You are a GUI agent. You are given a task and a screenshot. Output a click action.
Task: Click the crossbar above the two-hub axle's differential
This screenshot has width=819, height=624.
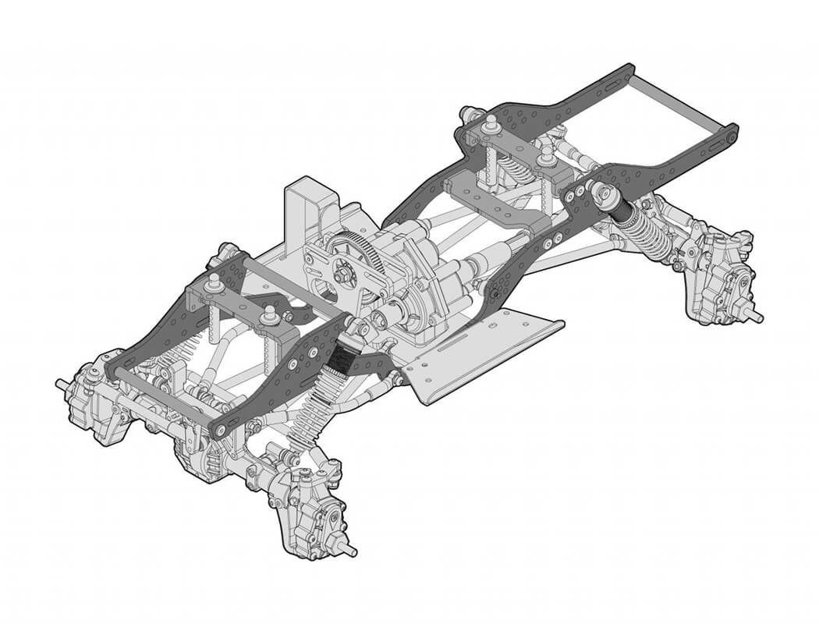point(160,396)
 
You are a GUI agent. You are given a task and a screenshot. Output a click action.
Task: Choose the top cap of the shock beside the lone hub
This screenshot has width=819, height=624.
point(600,190)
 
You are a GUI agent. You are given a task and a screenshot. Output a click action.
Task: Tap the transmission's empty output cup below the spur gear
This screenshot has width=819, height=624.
point(380,318)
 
